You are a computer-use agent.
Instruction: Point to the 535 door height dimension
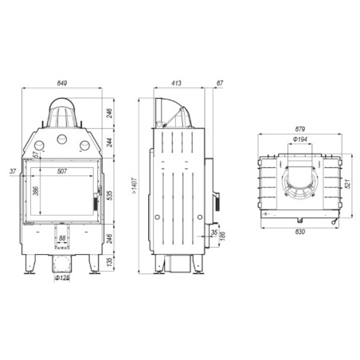tap(110, 193)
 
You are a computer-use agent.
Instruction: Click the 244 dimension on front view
tap(110, 143)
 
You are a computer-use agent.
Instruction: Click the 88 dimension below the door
tap(63, 237)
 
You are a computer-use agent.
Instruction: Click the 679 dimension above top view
tap(300, 129)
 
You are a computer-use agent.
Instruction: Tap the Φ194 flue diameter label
tap(300, 139)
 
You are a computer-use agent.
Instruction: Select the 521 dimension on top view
tap(347, 183)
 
